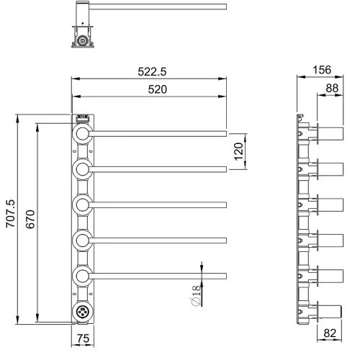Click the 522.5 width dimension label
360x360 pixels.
[152, 71]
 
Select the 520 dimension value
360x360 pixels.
[157, 89]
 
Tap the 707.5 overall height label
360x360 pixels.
[11, 213]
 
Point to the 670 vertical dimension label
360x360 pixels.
[30, 219]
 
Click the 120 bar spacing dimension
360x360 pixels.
[238, 151]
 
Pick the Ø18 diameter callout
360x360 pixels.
[196, 296]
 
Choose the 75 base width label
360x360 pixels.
[83, 338]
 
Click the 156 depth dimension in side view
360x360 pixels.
[322, 70]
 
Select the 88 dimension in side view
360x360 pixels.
[332, 88]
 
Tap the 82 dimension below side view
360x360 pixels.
[330, 333]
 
